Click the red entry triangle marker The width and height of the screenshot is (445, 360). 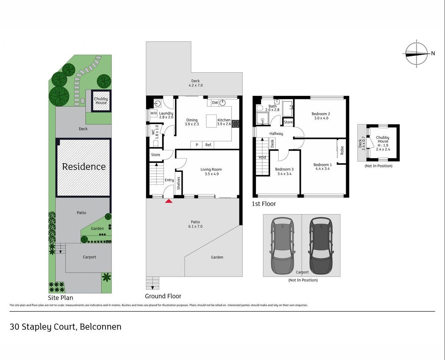click(x=169, y=201)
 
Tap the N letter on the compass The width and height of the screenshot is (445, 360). click(x=433, y=53)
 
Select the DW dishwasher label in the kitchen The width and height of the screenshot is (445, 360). click(x=215, y=103)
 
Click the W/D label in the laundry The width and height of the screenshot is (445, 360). click(x=153, y=113)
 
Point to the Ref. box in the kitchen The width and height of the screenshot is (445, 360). click(x=208, y=145)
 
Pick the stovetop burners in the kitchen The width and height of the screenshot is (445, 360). click(x=235, y=124)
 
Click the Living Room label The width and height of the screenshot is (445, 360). click(x=211, y=169)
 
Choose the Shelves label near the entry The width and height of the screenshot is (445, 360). click(x=179, y=183)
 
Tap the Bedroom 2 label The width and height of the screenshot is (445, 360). click(x=321, y=114)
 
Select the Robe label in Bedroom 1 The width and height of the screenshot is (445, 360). click(x=342, y=150)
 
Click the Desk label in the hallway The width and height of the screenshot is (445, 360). click(x=272, y=144)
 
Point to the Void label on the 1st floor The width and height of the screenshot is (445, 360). click(x=262, y=157)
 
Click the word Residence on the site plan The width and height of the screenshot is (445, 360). click(x=84, y=167)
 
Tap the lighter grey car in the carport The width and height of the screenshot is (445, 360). click(x=282, y=246)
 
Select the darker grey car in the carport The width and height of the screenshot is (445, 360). click(x=321, y=246)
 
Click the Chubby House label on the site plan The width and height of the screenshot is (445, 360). click(x=101, y=101)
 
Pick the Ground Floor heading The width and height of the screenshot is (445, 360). click(x=163, y=296)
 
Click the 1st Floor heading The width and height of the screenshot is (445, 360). click(x=264, y=204)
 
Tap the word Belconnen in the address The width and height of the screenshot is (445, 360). click(x=100, y=327)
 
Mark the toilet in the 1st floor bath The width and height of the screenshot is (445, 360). click(x=259, y=108)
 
